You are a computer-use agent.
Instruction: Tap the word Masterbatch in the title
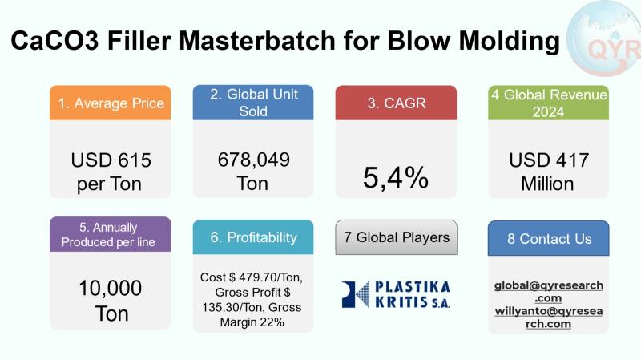point(262,41)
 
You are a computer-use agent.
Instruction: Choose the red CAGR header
point(396,103)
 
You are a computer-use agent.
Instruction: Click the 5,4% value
point(396,178)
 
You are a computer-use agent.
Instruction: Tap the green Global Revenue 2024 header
point(547,103)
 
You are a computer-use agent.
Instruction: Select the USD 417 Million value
point(547,172)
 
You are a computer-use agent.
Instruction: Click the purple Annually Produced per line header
point(110,234)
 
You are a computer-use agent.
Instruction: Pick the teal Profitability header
point(252,237)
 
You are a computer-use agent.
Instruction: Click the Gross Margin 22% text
point(252,322)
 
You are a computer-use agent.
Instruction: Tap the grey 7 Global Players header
point(396,237)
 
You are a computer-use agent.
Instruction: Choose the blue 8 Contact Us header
point(548,239)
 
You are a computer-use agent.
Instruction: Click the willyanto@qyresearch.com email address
point(549,317)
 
